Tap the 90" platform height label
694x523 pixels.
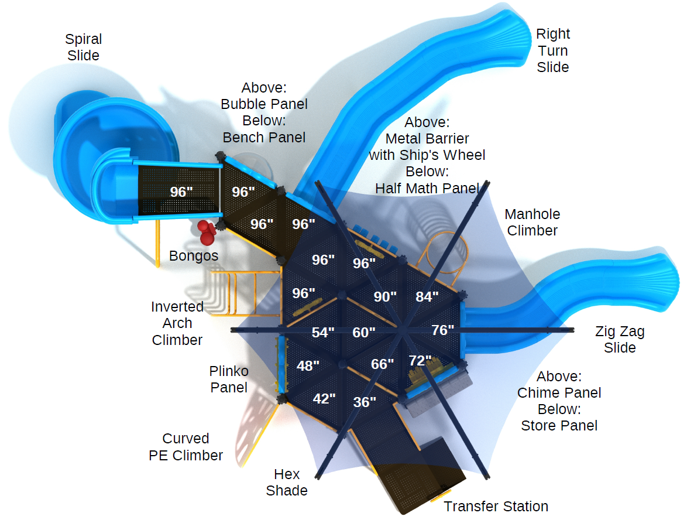pos(385,297)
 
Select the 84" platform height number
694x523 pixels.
pos(427,297)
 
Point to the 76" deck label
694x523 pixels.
pos(443,330)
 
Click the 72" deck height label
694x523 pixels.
pos(420,360)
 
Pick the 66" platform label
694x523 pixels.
pos(383,364)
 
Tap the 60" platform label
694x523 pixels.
pos(364,332)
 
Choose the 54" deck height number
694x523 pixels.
pos(323,333)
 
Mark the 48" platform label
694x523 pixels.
pos(308,366)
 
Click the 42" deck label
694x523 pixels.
pos(324,399)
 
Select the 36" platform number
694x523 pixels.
pos(365,402)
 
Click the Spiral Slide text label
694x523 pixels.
pos(84,47)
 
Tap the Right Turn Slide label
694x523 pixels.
pos(553,50)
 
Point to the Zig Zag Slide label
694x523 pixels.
pos(620,339)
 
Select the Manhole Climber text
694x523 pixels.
pos(532,223)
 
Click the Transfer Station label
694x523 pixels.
pos(496,506)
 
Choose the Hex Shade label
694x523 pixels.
pos(287,482)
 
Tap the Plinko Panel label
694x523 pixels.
pos(229,379)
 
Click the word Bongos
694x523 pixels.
pos(194,256)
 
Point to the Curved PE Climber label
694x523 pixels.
pos(186,447)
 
